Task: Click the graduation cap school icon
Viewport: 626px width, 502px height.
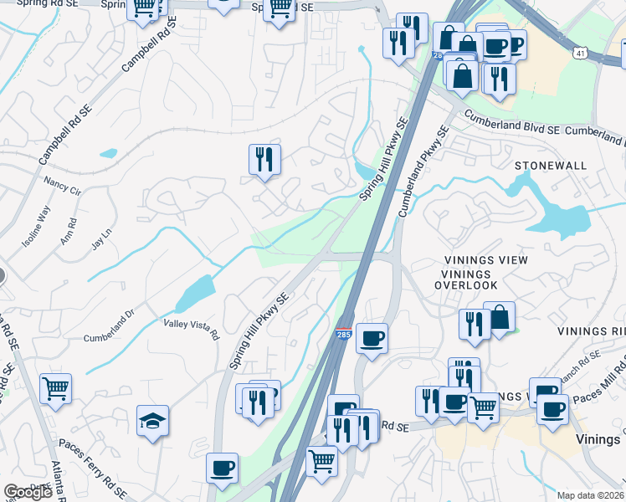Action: pos(152,420)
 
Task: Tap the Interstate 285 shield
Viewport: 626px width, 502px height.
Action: pos(344,334)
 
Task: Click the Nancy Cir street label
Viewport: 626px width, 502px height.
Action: pos(62,186)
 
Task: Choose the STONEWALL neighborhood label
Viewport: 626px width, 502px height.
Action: pos(551,166)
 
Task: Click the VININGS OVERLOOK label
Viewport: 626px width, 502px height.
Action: pos(465,273)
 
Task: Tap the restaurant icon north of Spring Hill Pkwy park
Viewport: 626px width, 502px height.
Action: pos(264,159)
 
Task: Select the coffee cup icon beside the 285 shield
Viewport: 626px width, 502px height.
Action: pos(372,339)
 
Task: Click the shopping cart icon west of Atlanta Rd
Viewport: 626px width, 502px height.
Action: pos(55,388)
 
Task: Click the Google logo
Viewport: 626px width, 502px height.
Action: pos(28,492)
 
